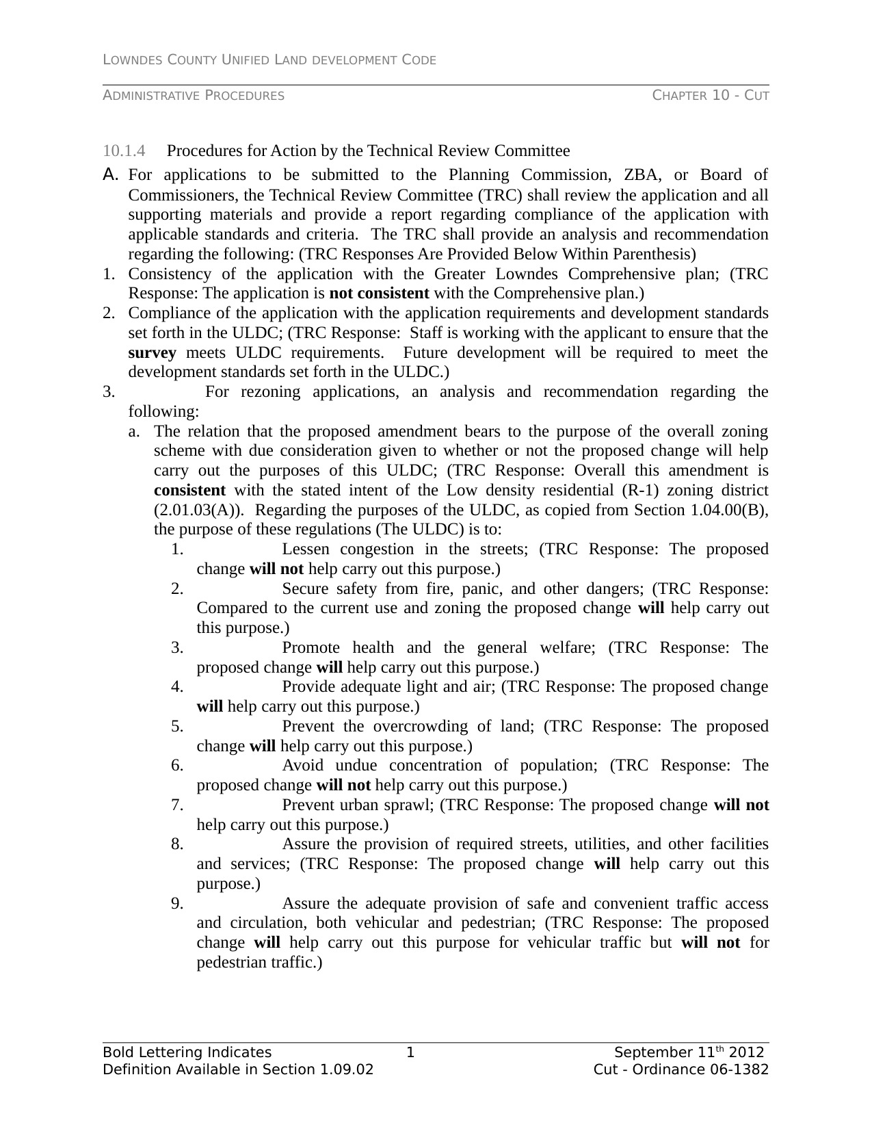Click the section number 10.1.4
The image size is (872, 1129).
[x=124, y=151]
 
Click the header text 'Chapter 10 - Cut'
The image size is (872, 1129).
[x=711, y=96]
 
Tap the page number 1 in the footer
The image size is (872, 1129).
[x=410, y=1052]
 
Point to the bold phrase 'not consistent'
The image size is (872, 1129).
[x=379, y=294]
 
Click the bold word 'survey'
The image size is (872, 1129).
[x=152, y=353]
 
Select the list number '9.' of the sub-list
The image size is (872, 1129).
[x=178, y=904]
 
